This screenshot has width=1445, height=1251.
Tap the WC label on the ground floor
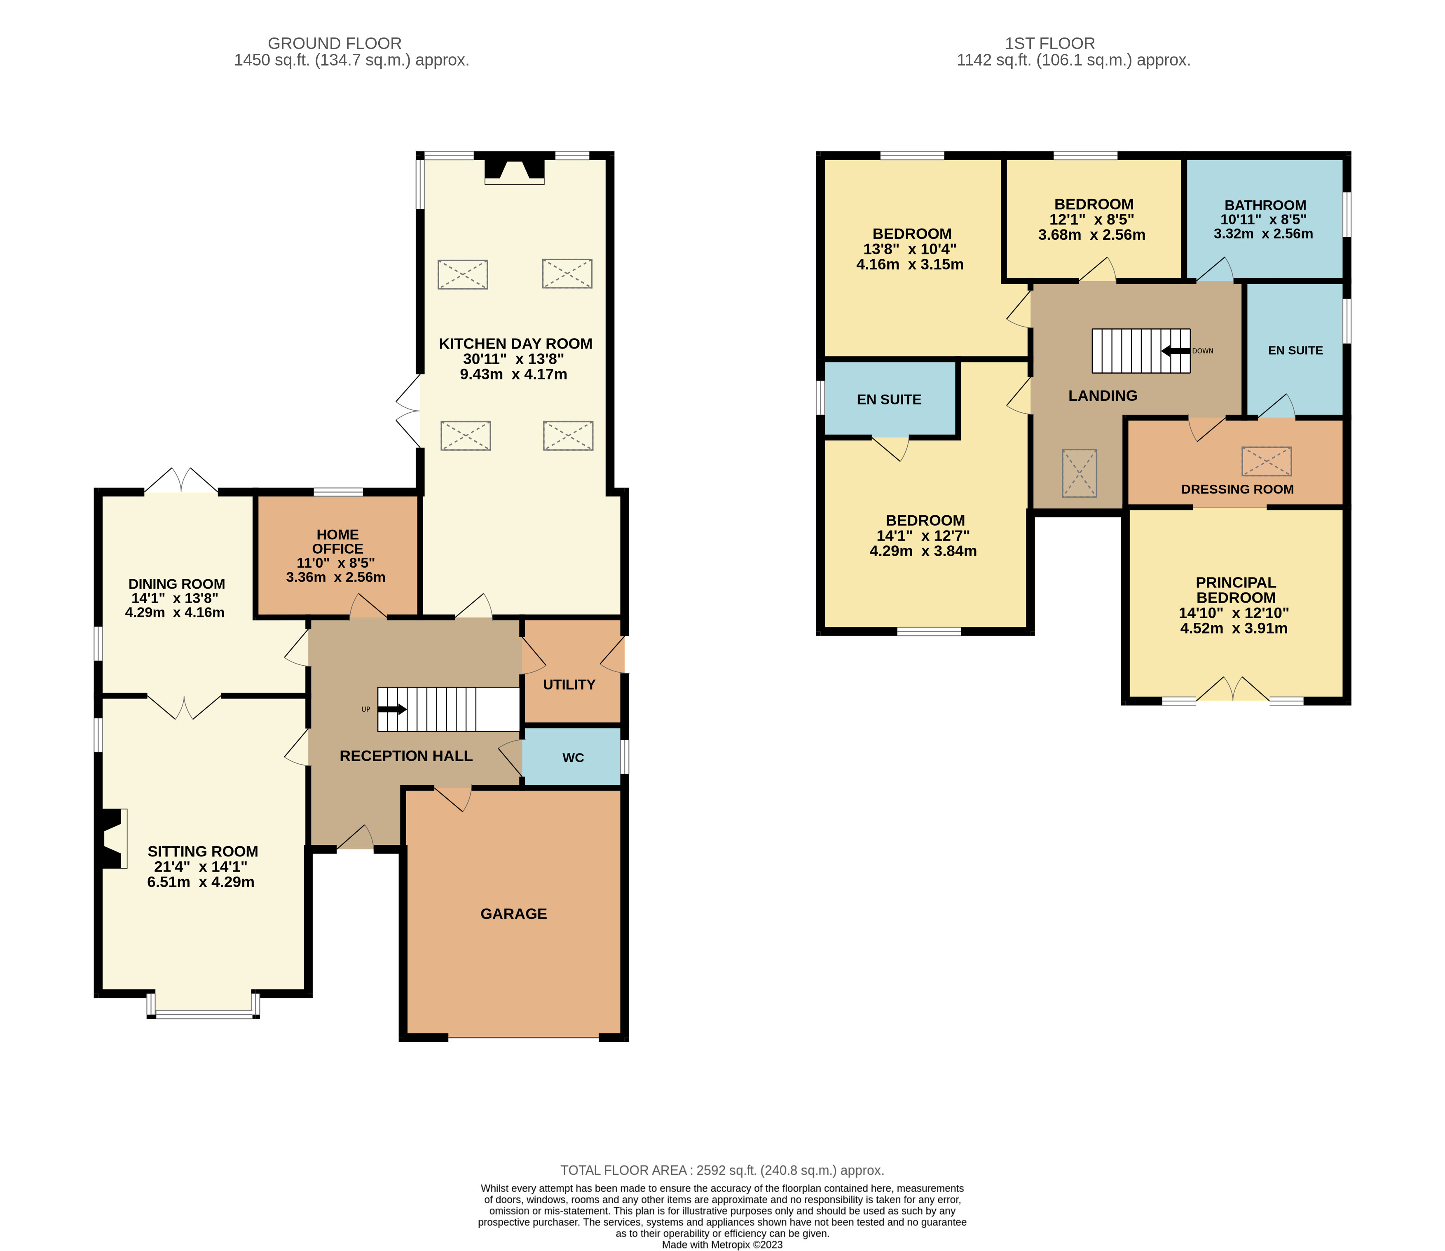(573, 758)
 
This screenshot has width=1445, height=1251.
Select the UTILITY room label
(569, 685)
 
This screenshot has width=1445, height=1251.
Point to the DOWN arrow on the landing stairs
(1176, 351)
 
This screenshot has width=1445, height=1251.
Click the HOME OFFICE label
(337, 542)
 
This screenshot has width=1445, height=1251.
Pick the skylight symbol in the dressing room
(1266, 461)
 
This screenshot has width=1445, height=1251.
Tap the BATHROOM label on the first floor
(1265, 205)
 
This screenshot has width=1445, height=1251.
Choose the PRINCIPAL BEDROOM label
(1235, 590)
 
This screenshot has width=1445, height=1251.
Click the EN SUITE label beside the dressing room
(1295, 351)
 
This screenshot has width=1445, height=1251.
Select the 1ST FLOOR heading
(1050, 43)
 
